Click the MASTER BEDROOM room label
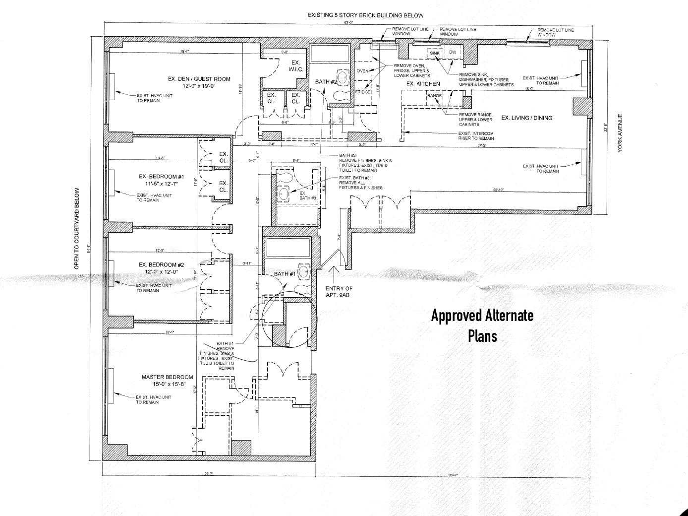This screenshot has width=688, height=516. (167, 377)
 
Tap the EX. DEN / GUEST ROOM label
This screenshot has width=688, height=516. (199, 79)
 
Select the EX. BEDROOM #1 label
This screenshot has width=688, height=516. (162, 177)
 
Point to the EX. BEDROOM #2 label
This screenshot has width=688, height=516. (162, 264)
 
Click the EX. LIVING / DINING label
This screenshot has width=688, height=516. (526, 118)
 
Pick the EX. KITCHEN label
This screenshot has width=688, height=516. (423, 84)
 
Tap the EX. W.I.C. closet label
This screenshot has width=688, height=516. (295, 66)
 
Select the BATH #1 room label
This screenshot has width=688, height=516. (285, 274)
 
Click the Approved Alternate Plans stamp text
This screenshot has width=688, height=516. (482, 325)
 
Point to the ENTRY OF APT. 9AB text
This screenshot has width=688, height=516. (339, 291)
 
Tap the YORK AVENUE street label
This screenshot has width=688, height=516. (620, 133)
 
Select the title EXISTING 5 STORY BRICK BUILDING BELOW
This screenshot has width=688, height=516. (366, 15)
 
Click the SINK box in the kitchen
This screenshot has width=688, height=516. (434, 53)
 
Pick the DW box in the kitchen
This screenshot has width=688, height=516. (453, 53)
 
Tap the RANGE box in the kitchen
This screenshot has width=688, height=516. (434, 96)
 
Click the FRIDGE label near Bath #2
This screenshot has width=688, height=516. (363, 92)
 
